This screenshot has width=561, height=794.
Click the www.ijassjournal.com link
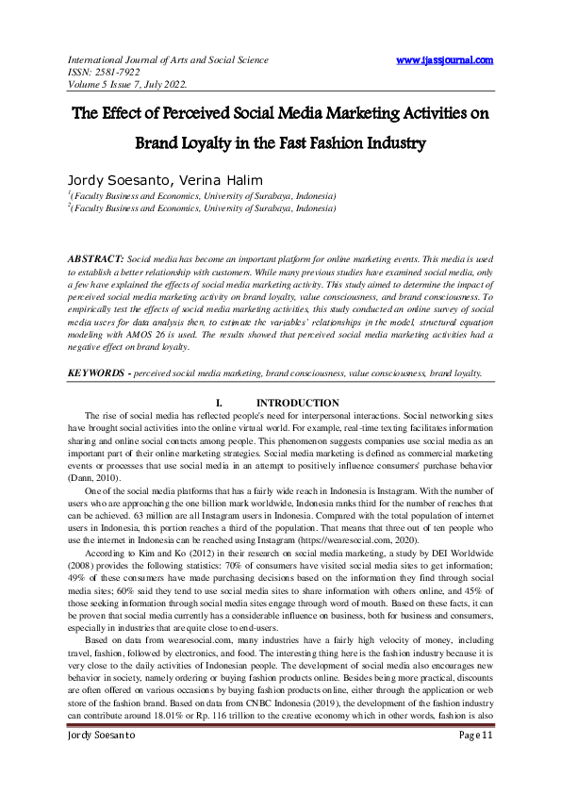pyautogui.click(x=444, y=60)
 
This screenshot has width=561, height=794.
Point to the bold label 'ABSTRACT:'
pyautogui.click(x=95, y=257)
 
